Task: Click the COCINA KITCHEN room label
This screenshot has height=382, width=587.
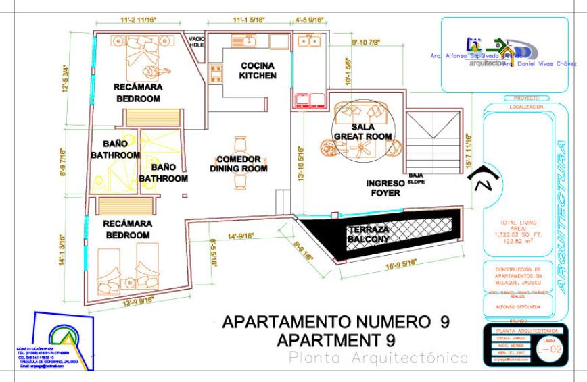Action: pos(258,71)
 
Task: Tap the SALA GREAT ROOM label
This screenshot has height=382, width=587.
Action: pos(362,132)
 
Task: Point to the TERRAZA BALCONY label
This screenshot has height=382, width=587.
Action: pos(368,234)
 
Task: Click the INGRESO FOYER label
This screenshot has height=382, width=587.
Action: pos(384,188)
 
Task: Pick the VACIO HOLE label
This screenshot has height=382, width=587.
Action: pos(197,41)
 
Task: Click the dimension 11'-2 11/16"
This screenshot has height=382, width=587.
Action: pos(138,21)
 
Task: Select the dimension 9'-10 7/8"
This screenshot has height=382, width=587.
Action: pos(366,43)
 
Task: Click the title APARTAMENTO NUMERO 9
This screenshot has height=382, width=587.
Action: pos(336,321)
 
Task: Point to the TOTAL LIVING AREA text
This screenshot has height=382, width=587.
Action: pos(516,230)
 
